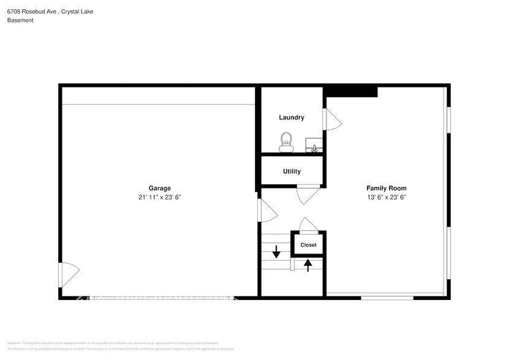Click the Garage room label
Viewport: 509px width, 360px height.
[x=159, y=189]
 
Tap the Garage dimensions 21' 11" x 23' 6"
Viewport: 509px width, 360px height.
[x=159, y=197]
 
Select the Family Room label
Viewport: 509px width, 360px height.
[x=386, y=189]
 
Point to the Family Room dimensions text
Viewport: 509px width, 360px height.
[x=386, y=197]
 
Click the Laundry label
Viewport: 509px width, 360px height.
[x=292, y=118]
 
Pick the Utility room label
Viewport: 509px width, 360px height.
[x=292, y=171]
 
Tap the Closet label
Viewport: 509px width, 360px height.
[x=308, y=245]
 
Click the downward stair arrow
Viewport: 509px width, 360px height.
[x=276, y=251]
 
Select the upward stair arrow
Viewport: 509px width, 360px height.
[x=307, y=264]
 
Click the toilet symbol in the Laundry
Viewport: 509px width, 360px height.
[x=286, y=141]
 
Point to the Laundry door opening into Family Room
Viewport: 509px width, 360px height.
[x=332, y=119]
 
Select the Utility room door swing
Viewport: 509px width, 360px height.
[x=306, y=194]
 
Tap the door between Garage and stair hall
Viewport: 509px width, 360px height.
[x=267, y=210]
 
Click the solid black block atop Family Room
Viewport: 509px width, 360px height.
[x=350, y=91]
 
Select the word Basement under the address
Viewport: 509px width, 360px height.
[x=20, y=20]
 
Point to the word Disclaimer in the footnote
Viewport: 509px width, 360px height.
[x=14, y=343]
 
